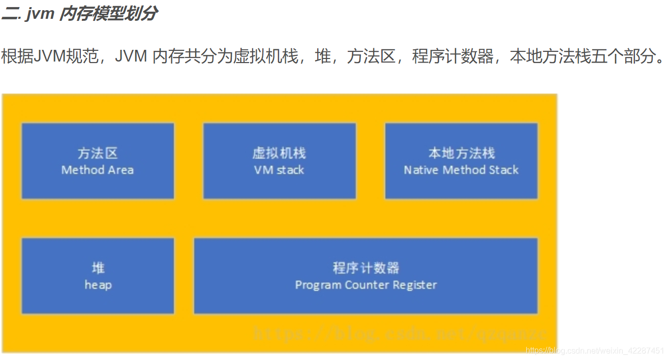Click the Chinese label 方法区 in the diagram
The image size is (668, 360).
click(x=98, y=153)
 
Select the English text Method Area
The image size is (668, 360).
click(x=98, y=170)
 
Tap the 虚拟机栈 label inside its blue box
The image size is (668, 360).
click(x=279, y=153)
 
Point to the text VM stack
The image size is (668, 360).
click(x=279, y=170)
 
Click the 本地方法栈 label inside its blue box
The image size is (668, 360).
click(x=461, y=153)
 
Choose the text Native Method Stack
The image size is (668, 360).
click(x=461, y=170)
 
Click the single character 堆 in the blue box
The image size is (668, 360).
click(x=98, y=268)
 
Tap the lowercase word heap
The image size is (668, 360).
click(x=98, y=285)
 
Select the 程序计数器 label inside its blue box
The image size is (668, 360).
click(x=366, y=268)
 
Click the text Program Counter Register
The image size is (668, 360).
click(x=366, y=285)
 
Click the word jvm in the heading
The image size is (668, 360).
click(x=40, y=14)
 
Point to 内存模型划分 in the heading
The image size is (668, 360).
click(x=108, y=14)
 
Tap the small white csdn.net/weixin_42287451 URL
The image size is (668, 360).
click(x=595, y=350)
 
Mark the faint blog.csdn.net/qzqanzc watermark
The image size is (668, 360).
click(x=400, y=334)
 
